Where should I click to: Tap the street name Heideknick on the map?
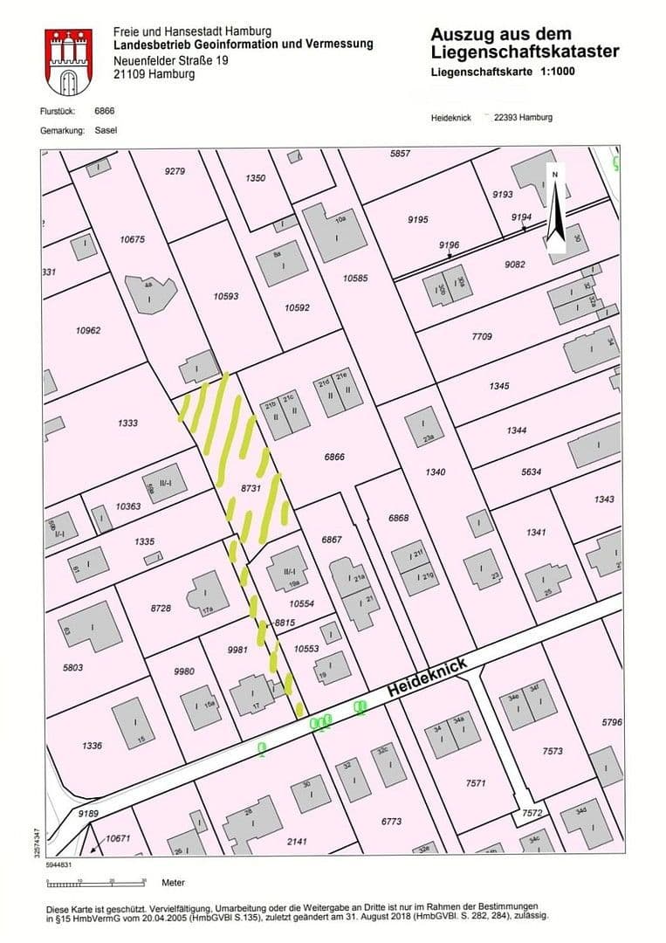click(429, 678)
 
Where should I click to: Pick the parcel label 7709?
click(482, 336)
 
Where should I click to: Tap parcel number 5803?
click(72, 667)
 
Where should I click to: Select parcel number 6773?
click(392, 821)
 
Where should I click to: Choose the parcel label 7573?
click(553, 751)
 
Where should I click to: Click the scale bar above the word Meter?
click(112, 880)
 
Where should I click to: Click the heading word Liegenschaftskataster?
click(525, 52)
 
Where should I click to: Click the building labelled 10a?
click(335, 230)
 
